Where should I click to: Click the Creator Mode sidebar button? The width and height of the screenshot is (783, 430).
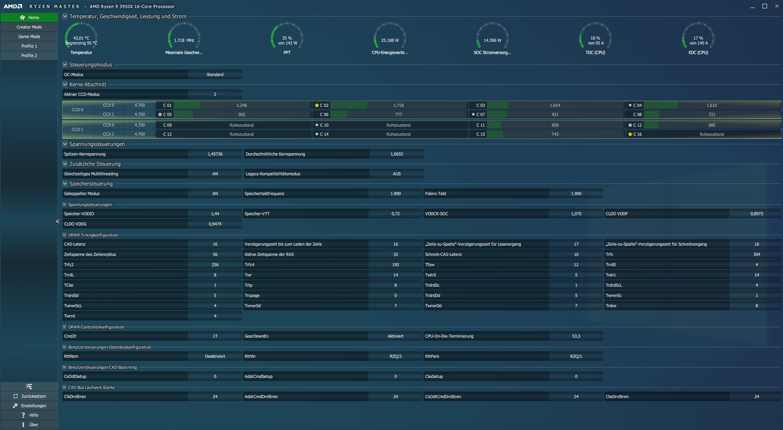(29, 27)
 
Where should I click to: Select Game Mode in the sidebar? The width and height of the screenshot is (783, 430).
(29, 36)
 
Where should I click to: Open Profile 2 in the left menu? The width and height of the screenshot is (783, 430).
(29, 56)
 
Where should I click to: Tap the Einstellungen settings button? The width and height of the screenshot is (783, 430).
(29, 406)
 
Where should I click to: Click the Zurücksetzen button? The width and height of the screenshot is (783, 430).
(29, 396)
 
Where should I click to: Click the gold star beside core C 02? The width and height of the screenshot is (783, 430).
(317, 105)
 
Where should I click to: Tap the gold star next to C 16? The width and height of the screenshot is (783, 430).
(630, 134)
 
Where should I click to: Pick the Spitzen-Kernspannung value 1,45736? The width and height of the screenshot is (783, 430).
(215, 154)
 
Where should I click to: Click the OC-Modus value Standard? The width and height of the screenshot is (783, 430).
(215, 75)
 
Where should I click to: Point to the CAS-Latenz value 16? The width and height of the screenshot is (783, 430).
(215, 244)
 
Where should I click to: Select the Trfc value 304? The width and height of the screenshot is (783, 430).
(756, 254)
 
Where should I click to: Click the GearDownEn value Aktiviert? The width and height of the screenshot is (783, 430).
(396, 336)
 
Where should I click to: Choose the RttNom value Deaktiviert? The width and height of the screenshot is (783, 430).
(215, 356)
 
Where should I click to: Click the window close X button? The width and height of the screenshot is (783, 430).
(777, 6)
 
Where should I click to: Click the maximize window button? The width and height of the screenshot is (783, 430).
(765, 6)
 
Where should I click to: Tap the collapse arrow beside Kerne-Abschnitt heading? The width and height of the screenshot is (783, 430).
(65, 84)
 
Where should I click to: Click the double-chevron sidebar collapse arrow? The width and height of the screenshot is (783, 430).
(58, 221)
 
